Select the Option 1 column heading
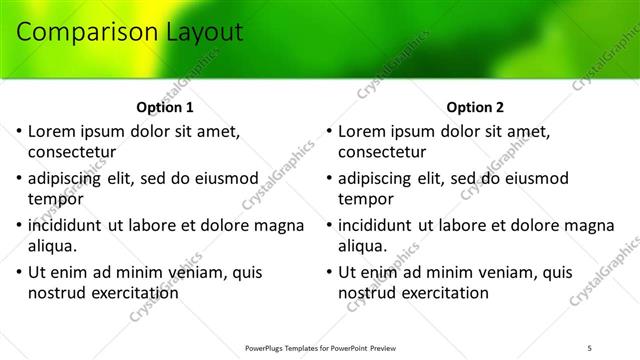coord(165,107)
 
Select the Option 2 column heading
coord(475,107)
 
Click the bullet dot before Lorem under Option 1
coord(19,131)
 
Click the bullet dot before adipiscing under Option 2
coord(329,178)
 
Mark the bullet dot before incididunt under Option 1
coord(19,225)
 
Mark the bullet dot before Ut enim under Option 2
coord(329,272)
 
